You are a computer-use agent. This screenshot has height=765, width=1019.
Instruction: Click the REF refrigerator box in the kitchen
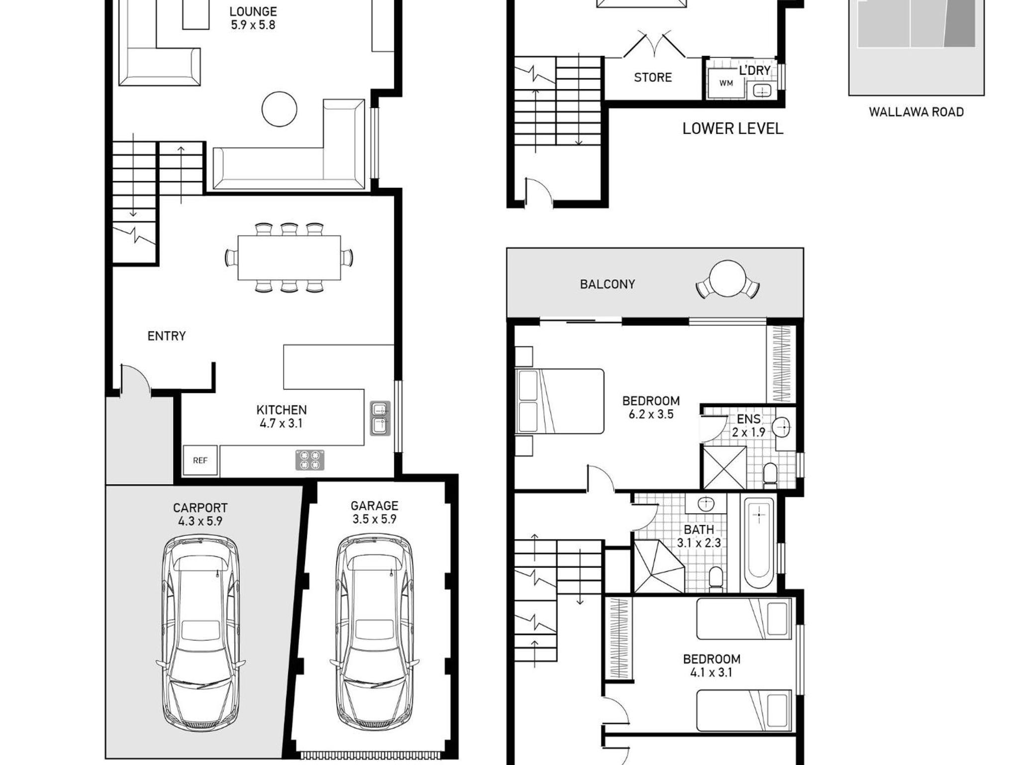coord(200,460)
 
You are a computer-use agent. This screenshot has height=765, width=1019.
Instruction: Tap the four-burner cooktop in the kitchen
coord(310,460)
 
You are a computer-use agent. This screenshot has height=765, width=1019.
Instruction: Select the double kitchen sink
coord(380,418)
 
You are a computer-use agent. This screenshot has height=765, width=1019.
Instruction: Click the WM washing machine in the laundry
coord(726,83)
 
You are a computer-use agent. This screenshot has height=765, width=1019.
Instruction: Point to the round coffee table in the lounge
coord(280,109)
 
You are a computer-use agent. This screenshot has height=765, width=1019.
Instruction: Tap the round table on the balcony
coord(727,279)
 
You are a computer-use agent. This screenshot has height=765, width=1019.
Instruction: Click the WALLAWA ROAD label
coord(916,112)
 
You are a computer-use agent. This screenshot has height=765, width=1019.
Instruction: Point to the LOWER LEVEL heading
coord(732,128)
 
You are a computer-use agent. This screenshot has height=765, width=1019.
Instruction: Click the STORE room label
coord(653,77)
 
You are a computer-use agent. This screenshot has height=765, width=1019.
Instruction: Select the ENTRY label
coord(166,336)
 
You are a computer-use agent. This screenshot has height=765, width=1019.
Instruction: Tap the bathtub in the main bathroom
coord(759,544)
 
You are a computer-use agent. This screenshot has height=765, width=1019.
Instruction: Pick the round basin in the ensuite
coord(782,427)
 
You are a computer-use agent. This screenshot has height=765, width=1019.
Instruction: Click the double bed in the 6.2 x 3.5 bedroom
coord(560,401)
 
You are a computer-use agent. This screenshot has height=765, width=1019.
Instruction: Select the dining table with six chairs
coord(289,257)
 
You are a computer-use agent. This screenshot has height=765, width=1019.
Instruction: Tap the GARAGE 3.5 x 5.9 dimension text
coord(374,519)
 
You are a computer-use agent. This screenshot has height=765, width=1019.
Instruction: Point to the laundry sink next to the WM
coord(761,91)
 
